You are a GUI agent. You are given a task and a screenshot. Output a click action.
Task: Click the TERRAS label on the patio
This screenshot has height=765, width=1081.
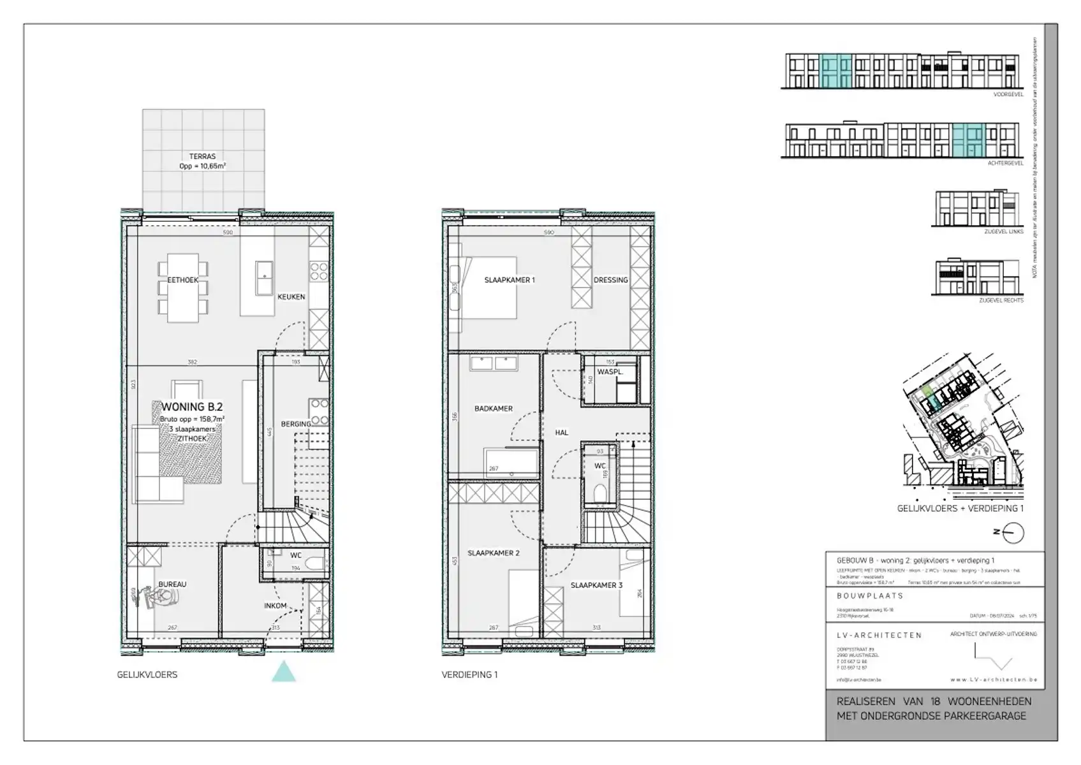[202, 156]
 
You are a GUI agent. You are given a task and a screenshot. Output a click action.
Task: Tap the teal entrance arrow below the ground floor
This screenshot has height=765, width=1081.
[284, 672]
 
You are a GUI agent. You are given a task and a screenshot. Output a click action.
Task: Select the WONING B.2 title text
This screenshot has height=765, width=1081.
[191, 407]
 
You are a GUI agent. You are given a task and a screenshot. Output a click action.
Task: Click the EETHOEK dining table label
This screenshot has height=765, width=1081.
[183, 280]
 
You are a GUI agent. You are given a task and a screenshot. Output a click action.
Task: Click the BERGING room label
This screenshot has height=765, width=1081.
[296, 424]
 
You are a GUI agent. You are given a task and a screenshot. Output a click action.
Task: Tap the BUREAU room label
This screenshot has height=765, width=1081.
[172, 584]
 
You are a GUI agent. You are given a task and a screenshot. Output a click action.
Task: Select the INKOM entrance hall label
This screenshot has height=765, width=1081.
[276, 606]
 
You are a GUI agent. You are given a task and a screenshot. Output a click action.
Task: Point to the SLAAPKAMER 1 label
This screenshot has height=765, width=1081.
[510, 280]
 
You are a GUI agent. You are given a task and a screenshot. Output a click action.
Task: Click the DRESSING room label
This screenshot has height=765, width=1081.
[610, 280]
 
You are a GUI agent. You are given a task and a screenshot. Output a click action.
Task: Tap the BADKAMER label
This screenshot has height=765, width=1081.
[493, 409]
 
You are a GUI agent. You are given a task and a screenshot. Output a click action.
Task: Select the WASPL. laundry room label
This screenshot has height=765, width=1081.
[610, 372]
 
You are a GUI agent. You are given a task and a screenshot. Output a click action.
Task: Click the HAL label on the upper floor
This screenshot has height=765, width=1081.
[561, 432]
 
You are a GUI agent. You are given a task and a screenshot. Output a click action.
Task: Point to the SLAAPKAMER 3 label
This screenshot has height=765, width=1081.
[596, 585]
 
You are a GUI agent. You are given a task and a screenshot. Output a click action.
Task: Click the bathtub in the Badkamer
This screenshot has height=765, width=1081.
[510, 461]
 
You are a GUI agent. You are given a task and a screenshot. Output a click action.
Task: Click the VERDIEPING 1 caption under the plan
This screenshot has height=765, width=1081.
[469, 674]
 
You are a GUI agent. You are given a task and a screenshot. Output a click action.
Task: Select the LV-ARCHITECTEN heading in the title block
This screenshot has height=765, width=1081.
[879, 635]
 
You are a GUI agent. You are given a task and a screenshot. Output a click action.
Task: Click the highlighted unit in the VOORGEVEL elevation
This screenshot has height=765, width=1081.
[835, 70]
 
